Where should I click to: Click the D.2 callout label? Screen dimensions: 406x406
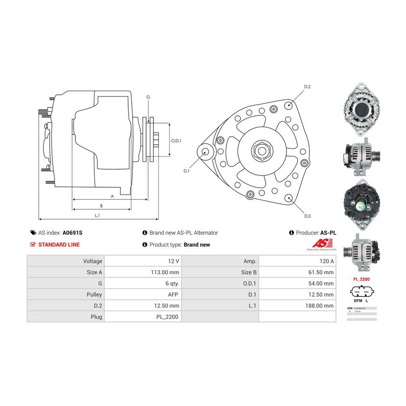307,86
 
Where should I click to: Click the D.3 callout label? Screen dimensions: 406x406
307,216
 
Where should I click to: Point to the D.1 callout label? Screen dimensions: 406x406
187,171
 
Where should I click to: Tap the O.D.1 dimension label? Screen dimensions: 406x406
176,141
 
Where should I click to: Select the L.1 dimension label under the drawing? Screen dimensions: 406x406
97,215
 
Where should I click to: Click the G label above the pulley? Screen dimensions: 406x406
148,97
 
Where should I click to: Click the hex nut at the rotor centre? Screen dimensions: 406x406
261,149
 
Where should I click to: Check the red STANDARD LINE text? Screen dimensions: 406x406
59,245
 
